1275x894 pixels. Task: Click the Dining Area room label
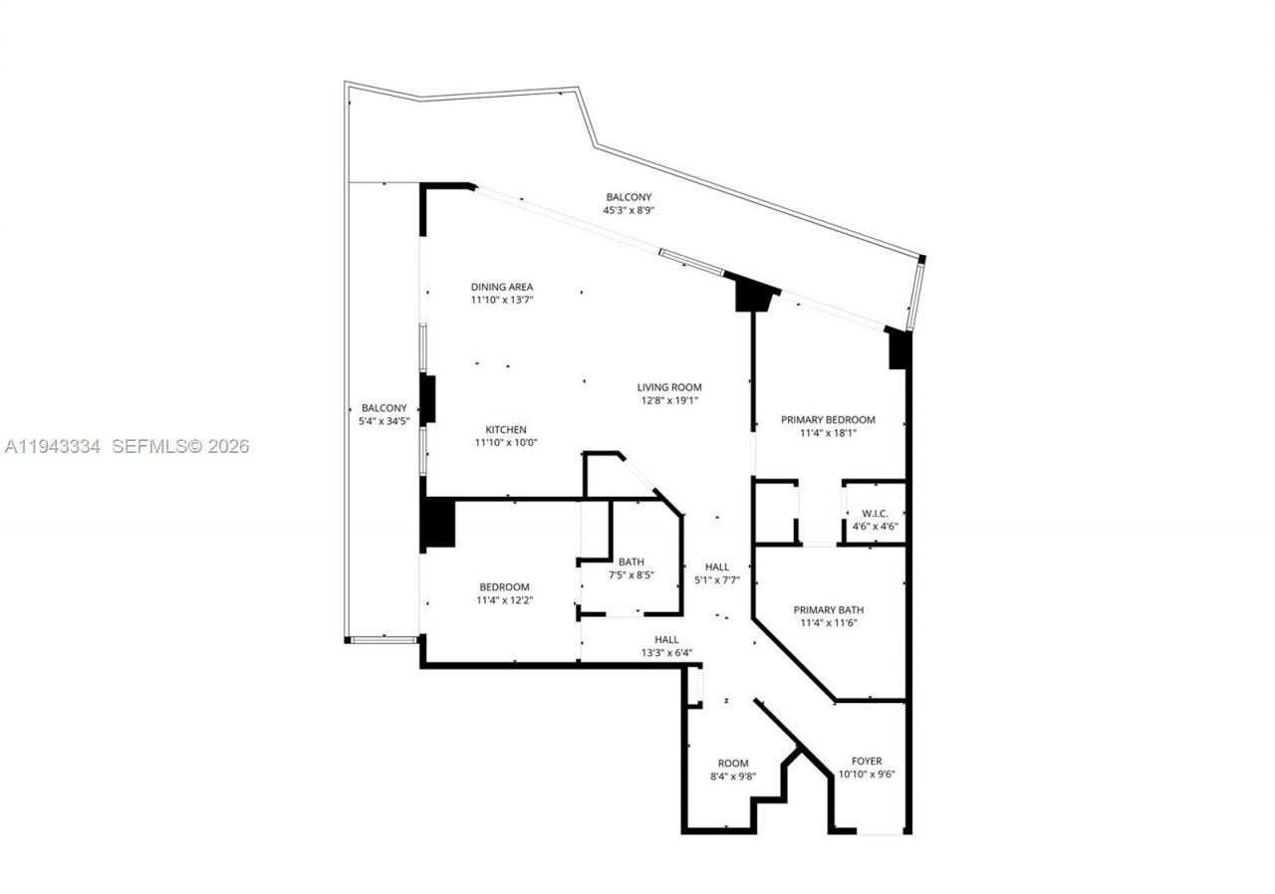coord(502,287)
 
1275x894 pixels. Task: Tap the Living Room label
coord(669,387)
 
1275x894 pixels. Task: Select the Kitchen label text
coord(505,430)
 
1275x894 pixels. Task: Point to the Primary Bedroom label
coord(828,420)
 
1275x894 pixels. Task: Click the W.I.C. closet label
coord(876,514)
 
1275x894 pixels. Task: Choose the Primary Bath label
coord(828,610)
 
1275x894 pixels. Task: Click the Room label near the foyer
coord(733,764)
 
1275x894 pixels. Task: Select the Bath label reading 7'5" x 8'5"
coord(631,561)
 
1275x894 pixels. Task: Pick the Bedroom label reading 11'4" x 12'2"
coord(504,587)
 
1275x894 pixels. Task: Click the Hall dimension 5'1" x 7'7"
coord(716,579)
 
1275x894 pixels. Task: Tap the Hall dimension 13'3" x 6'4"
coord(666,653)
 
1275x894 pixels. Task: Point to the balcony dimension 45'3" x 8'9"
coord(629,210)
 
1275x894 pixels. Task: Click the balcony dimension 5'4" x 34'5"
coord(383,421)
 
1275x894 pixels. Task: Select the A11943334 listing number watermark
coord(53,447)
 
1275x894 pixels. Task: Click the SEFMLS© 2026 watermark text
coord(180,447)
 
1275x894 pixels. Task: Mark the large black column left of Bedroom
coord(438,523)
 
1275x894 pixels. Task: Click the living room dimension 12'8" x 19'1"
coord(669,401)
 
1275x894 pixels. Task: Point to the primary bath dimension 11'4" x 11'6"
coord(828,623)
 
